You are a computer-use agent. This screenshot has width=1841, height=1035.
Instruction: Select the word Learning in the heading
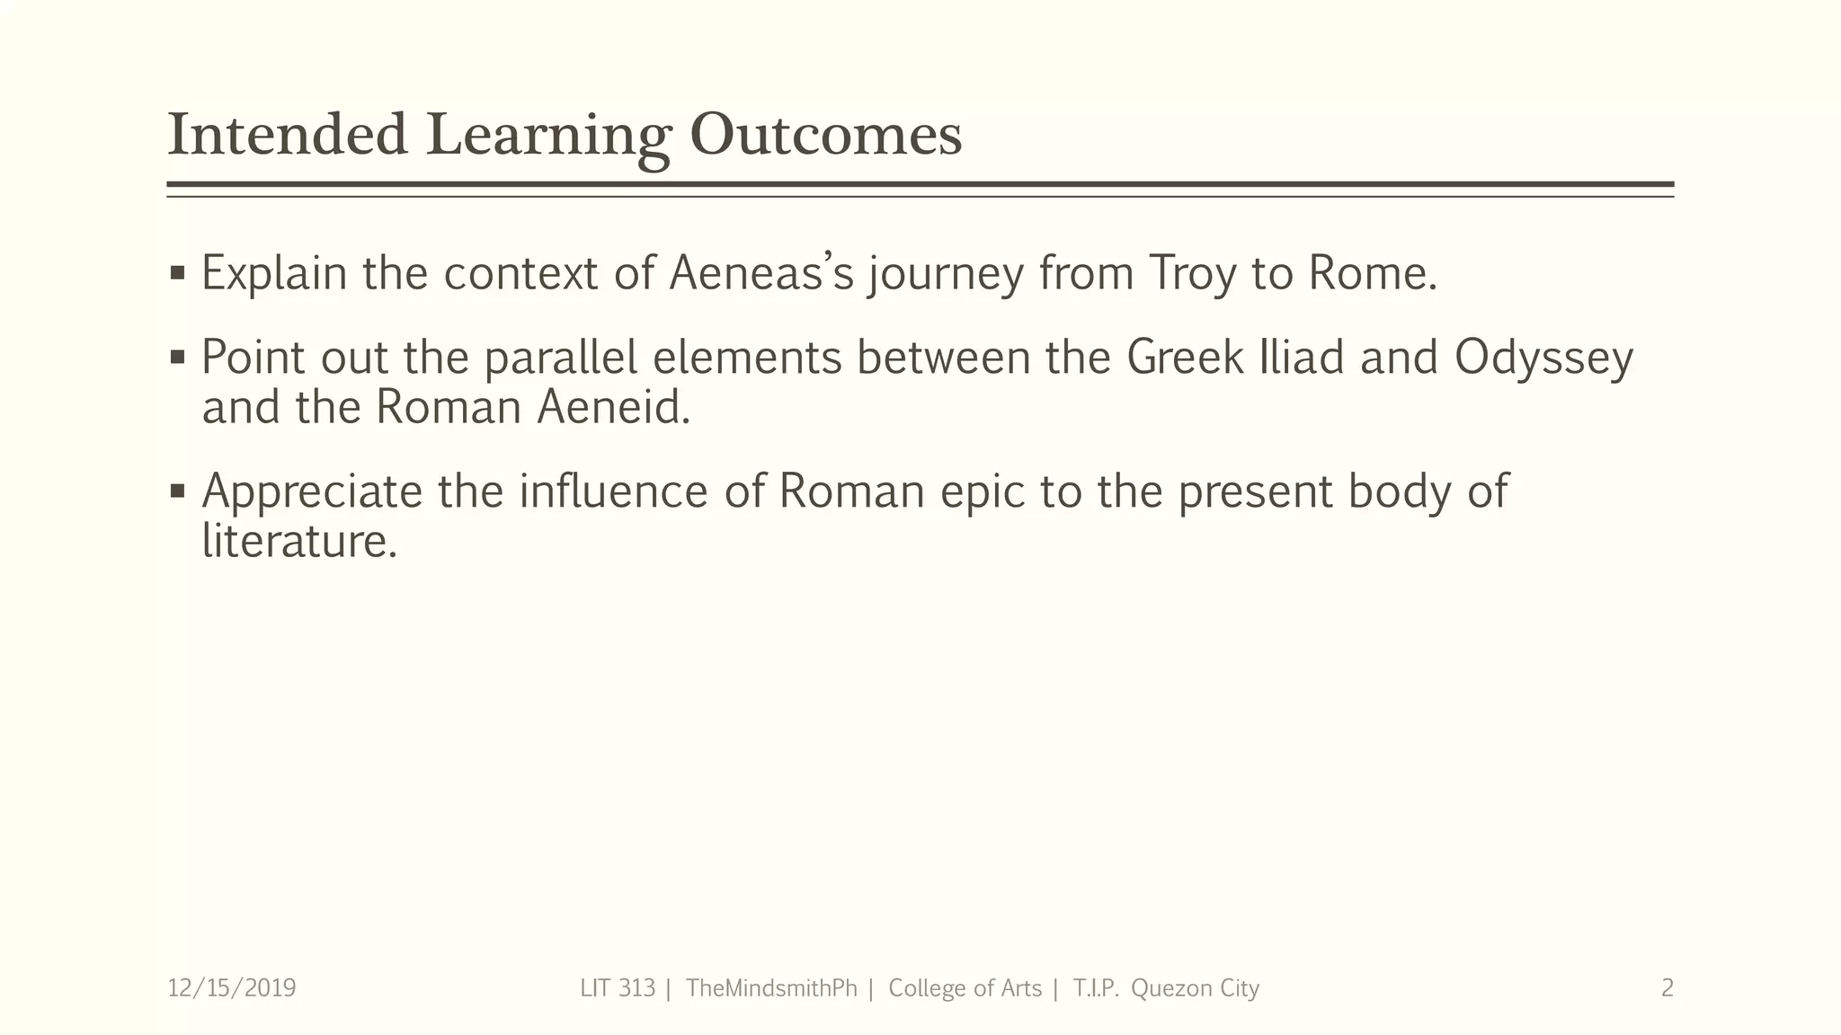pyautogui.click(x=548, y=137)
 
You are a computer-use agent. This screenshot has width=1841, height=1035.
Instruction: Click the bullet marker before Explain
pyautogui.click(x=177, y=271)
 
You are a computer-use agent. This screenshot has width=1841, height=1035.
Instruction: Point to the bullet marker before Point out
pyautogui.click(x=177, y=358)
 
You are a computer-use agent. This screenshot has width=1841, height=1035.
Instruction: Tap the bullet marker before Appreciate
pyautogui.click(x=177, y=491)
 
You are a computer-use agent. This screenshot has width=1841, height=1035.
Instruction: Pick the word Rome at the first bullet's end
pyautogui.click(x=1372, y=273)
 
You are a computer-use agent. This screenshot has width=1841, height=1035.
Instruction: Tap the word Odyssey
pyautogui.click(x=1543, y=358)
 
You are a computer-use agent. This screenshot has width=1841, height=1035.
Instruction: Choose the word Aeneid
pyautogui.click(x=613, y=407)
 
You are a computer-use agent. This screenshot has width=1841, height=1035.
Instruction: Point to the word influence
pyautogui.click(x=613, y=491)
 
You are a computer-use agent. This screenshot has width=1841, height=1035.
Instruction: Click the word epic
pyautogui.click(x=983, y=492)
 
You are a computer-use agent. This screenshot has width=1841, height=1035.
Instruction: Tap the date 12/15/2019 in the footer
pyautogui.click(x=232, y=988)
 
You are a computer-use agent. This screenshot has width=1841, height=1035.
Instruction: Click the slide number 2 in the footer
pyautogui.click(x=1667, y=988)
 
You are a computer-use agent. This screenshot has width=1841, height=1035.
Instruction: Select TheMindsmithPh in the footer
pyautogui.click(x=771, y=988)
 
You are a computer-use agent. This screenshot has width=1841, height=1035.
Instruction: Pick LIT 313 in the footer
pyautogui.click(x=618, y=988)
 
